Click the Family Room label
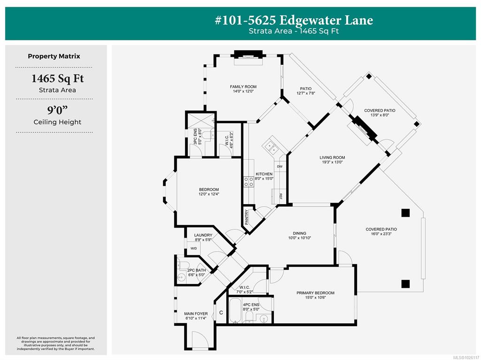click(243, 87)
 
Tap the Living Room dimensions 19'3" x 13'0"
click(332, 162)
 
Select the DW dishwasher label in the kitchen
click(280, 167)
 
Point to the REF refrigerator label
click(280, 196)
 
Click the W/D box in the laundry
click(194, 248)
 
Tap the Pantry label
click(247, 217)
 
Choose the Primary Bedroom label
click(315, 293)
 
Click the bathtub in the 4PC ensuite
click(236, 310)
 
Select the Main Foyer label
click(196, 314)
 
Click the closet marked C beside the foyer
click(221, 313)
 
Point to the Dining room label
click(299, 233)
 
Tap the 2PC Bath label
click(197, 270)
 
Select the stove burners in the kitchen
click(249, 182)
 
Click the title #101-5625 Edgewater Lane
click(294, 20)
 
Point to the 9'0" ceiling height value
click(58, 110)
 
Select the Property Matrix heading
click(54, 56)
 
